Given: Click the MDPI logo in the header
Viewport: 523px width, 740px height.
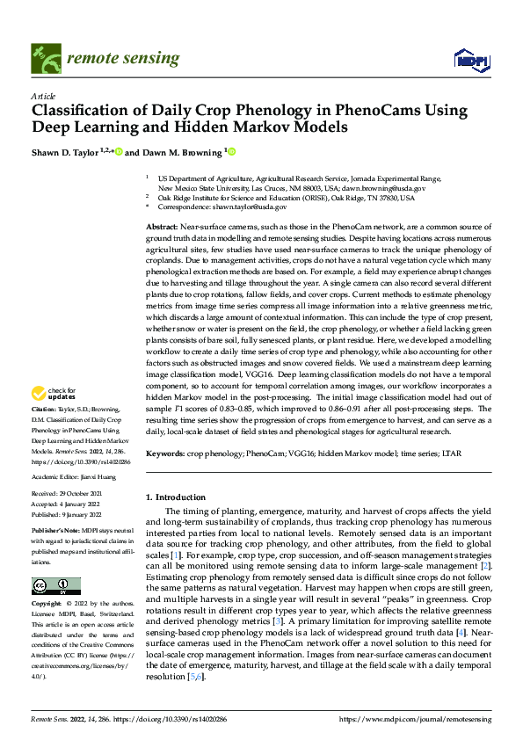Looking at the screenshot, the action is [x=471, y=59].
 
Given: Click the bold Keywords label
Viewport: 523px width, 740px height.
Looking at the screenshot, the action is [x=165, y=453].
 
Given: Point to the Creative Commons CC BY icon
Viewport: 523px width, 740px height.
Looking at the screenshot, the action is [x=55, y=586].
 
